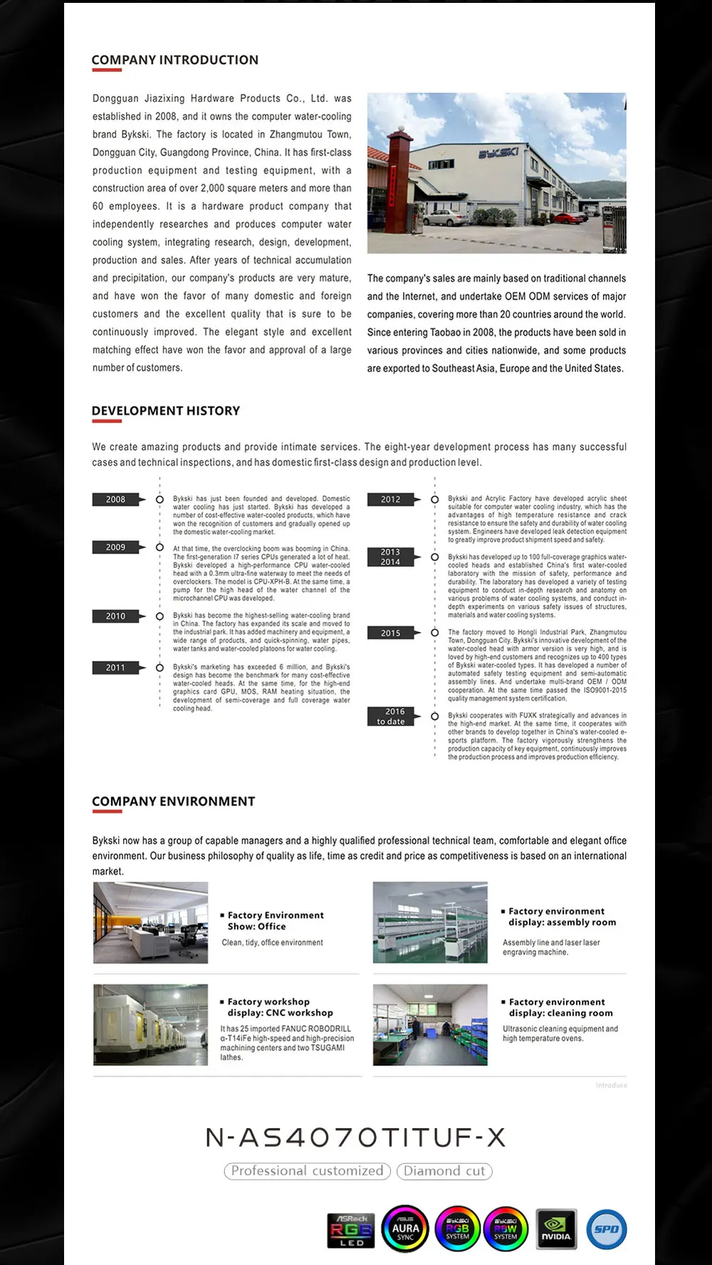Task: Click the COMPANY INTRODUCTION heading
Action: pos(174,60)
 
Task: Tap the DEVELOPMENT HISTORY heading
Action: pos(165,411)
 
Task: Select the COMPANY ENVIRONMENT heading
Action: pos(173,802)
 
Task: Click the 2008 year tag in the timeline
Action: pos(116,500)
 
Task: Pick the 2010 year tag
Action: pos(116,616)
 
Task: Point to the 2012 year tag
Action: pos(391,500)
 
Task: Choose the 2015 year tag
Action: pos(391,633)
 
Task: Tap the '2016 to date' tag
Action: pos(391,716)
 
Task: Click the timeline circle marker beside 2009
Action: pos(159,547)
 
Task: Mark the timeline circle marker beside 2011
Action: pos(159,668)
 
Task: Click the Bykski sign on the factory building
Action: pos(498,154)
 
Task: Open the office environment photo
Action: pos(150,923)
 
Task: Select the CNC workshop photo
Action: pos(150,1025)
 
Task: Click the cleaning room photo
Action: pos(430,1025)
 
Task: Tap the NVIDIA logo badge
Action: pos(556,1229)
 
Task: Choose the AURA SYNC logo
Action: pos(405,1229)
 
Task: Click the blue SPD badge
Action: pos(607,1229)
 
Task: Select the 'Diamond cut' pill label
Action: pos(444,1171)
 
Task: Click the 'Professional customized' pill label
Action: pos(307,1171)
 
